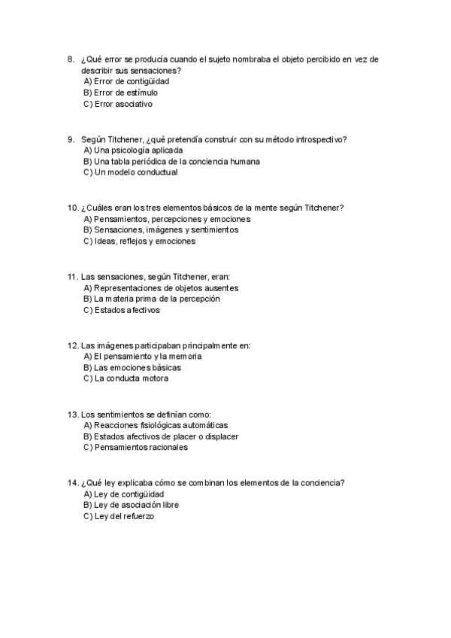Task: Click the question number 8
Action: (70, 59)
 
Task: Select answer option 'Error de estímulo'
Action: (120, 92)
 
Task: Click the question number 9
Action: (70, 139)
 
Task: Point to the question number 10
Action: (72, 208)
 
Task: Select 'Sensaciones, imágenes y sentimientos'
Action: (160, 229)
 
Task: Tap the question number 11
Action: (72, 277)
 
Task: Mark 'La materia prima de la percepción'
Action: (151, 299)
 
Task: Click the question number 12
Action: (72, 345)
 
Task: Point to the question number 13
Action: (72, 415)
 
